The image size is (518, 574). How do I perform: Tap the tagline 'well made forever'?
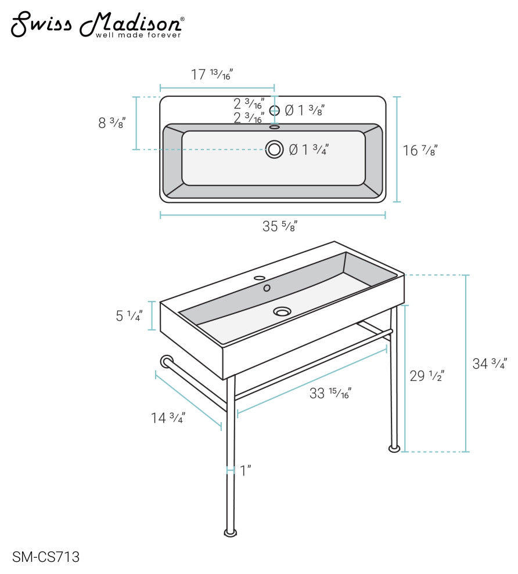click(138, 35)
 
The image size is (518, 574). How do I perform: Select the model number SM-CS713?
click(45, 557)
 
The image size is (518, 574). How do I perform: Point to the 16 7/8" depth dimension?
click(419, 151)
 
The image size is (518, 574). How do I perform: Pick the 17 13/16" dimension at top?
click(212, 75)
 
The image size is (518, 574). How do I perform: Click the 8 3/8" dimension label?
click(112, 123)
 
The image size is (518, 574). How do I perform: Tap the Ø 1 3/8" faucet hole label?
click(304, 110)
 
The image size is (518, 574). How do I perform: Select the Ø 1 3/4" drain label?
click(309, 150)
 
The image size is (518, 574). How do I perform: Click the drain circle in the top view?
click(275, 149)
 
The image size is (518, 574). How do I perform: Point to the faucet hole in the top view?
click(275, 110)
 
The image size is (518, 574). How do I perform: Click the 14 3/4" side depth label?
click(168, 417)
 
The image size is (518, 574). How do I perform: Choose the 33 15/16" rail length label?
click(330, 394)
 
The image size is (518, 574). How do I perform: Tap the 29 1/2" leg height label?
click(427, 376)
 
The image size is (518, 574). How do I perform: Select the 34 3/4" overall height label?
click(490, 364)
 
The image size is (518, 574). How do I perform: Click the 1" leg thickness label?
click(246, 471)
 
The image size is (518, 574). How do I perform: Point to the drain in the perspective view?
click(282, 311)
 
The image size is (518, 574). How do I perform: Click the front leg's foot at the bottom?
click(231, 532)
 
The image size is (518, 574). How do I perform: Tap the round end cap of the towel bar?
click(166, 362)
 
